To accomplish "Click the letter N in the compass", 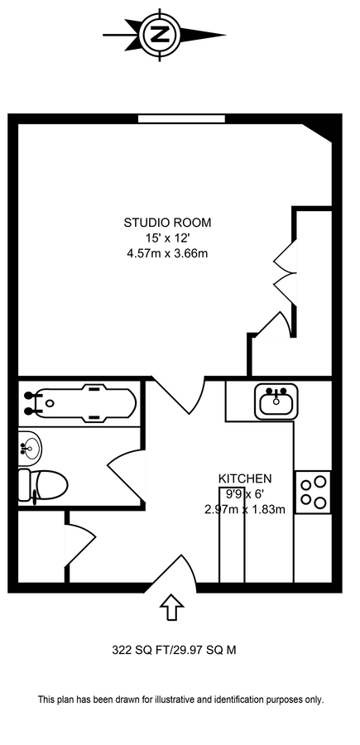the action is point(161,35).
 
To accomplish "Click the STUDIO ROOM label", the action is point(167,223).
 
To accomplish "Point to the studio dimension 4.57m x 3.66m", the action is point(167,253).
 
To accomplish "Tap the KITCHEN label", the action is point(245,478).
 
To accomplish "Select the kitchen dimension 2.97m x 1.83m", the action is point(245,510).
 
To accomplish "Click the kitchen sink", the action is point(276,402).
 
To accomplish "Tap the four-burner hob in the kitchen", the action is point(313,493).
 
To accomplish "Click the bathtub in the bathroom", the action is point(79,403).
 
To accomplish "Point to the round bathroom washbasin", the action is point(30,447).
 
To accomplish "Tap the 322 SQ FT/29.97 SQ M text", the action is point(174,650).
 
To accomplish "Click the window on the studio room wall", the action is point(181,118).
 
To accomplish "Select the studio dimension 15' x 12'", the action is point(167,238).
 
